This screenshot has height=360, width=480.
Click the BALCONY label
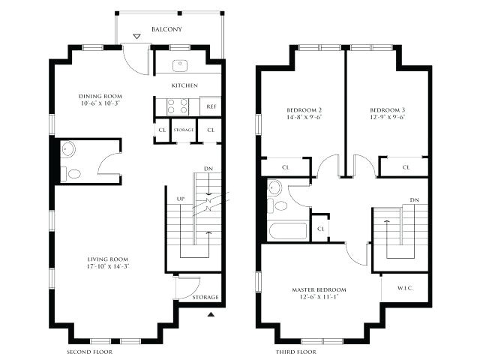166,29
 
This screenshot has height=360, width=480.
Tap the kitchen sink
181,64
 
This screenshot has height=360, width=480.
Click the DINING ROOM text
100,97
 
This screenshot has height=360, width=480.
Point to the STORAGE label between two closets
184,130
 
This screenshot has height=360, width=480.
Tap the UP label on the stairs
180,199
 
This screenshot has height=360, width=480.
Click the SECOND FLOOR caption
89,351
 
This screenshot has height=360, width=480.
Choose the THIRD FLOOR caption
296,351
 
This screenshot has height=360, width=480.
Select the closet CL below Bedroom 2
285,167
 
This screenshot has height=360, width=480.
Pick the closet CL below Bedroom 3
406,167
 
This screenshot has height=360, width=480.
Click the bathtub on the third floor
289,229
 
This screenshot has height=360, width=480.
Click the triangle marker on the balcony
136,36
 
